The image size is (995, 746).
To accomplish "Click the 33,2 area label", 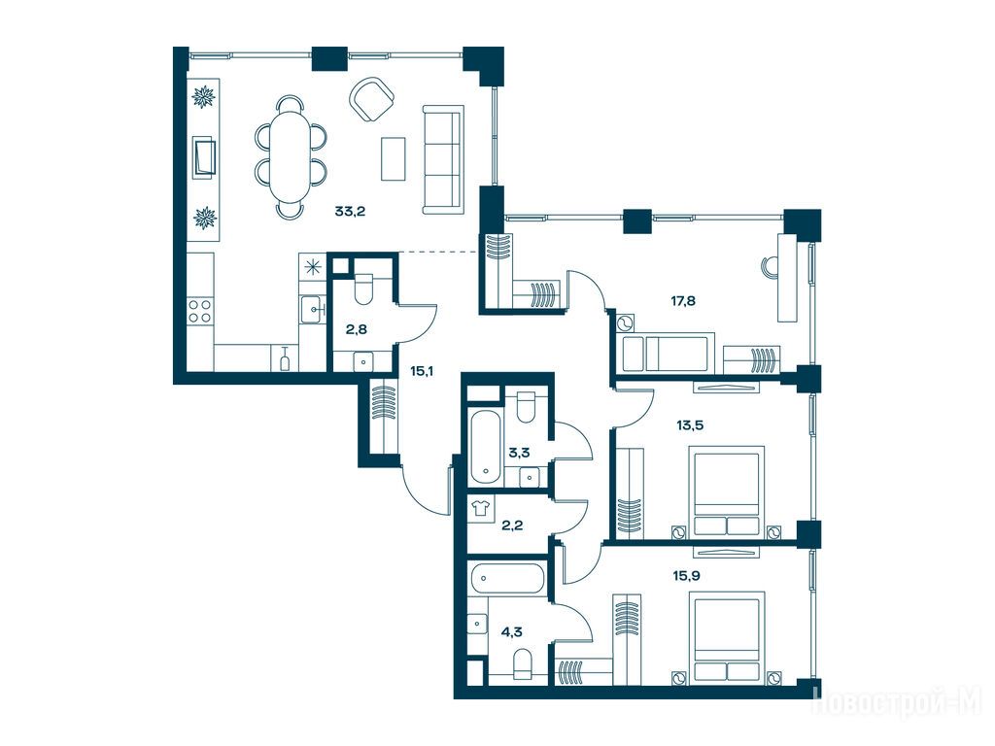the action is (x=350, y=211).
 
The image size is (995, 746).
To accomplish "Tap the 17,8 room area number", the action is (x=683, y=301).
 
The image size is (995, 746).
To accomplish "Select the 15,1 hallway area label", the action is (x=422, y=371).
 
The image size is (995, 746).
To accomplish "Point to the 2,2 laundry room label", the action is (x=512, y=526).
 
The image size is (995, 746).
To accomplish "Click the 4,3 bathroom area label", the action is (x=511, y=631).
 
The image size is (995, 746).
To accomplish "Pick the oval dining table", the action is (x=291, y=156).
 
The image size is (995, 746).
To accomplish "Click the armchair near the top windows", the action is (x=373, y=99).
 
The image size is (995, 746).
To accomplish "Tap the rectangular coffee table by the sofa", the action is (x=393, y=158).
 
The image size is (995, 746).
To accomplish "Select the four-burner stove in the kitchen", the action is (x=200, y=311).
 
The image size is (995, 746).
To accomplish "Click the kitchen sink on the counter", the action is (x=312, y=310).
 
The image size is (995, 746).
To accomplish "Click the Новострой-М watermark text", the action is (x=897, y=704).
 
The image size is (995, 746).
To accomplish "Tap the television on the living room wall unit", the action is (x=204, y=156).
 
